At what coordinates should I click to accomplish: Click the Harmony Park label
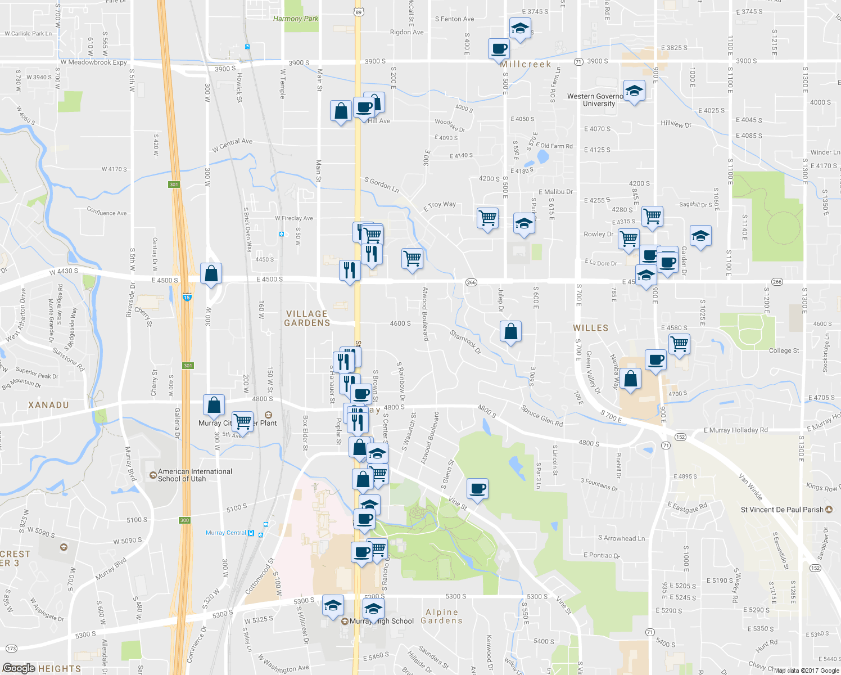(295, 19)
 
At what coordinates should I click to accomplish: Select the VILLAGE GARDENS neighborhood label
(307, 318)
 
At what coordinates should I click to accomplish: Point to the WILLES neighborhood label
(590, 328)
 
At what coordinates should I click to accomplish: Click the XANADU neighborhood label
(48, 405)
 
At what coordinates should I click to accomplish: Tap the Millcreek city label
(526, 64)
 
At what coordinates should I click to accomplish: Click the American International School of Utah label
(195, 475)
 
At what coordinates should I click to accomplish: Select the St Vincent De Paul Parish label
(782, 510)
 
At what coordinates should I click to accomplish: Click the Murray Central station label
(226, 533)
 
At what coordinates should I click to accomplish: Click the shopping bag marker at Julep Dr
(511, 332)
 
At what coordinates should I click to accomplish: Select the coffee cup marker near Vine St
(477, 489)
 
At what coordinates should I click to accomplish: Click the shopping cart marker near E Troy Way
(487, 218)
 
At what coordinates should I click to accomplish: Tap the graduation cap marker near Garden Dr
(700, 236)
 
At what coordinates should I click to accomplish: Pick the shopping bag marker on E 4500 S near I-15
(211, 274)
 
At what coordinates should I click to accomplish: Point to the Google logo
(19, 668)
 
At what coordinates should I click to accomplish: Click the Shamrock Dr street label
(465, 341)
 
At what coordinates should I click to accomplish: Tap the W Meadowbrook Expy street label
(94, 62)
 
